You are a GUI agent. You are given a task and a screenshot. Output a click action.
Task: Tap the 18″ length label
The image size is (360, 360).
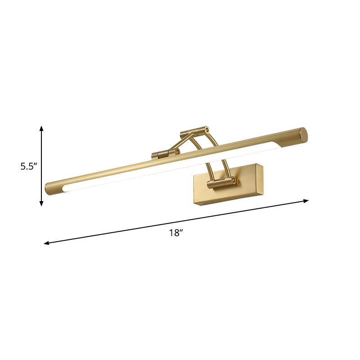176,233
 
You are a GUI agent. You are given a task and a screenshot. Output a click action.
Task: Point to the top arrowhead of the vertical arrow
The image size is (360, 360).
41,129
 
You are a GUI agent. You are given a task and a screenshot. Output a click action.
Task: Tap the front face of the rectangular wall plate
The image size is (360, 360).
225,189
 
